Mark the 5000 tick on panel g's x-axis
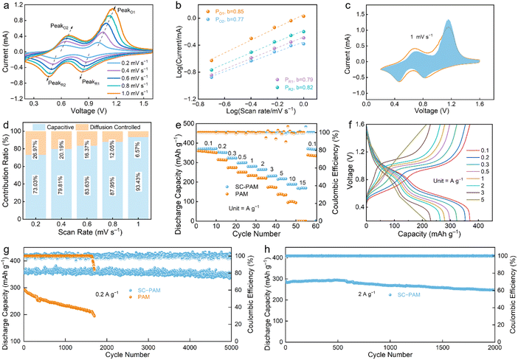click(x=241, y=345)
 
